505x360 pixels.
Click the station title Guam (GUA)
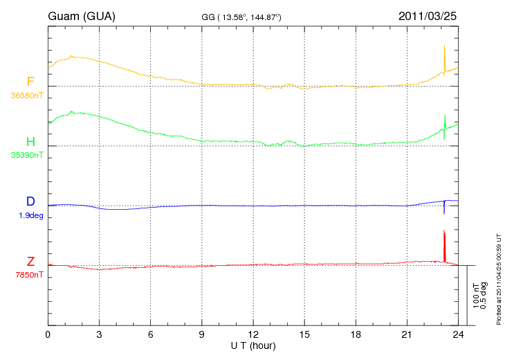click(82, 16)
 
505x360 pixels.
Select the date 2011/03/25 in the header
click(428, 16)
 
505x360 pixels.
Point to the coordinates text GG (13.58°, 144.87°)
click(241, 17)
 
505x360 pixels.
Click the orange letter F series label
click(30, 82)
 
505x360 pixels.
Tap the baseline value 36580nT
click(27, 96)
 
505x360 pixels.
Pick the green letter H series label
click(30, 141)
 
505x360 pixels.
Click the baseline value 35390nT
click(27, 155)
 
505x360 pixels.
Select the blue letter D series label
click(30, 201)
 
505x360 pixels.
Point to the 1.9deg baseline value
click(31, 215)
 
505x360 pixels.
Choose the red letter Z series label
click(30, 261)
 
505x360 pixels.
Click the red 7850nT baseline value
click(29, 275)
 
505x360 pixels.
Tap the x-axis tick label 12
click(253, 334)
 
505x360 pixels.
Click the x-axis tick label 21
click(407, 334)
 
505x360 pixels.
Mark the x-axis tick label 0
click(48, 334)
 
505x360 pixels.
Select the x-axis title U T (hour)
click(253, 346)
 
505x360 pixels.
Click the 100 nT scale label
click(476, 296)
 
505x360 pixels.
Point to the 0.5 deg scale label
click(484, 296)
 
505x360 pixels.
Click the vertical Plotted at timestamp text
click(499, 280)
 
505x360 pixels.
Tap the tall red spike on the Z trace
click(444, 246)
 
